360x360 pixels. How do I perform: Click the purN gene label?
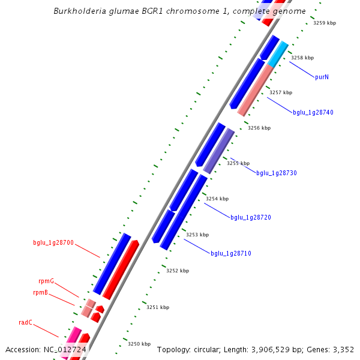(x=322, y=77)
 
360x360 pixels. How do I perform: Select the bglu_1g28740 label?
(x=313, y=112)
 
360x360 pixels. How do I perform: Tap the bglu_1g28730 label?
(x=277, y=173)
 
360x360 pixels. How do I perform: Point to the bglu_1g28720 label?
(x=251, y=217)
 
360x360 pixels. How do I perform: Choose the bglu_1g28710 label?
(x=230, y=253)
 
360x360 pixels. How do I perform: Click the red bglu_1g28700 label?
(x=53, y=243)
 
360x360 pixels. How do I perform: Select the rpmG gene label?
(x=46, y=281)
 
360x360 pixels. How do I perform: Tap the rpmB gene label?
(x=41, y=292)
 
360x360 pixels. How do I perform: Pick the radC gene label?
(x=25, y=322)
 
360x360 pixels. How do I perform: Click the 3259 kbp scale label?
(x=325, y=23)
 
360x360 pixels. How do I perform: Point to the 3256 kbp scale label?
(x=259, y=128)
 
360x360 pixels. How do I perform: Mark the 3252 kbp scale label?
(x=178, y=271)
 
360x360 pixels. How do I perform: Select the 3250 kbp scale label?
(x=139, y=344)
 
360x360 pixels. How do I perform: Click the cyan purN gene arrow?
(x=278, y=55)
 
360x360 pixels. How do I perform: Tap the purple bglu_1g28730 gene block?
(x=219, y=151)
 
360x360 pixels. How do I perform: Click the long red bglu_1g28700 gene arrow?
(x=121, y=270)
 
